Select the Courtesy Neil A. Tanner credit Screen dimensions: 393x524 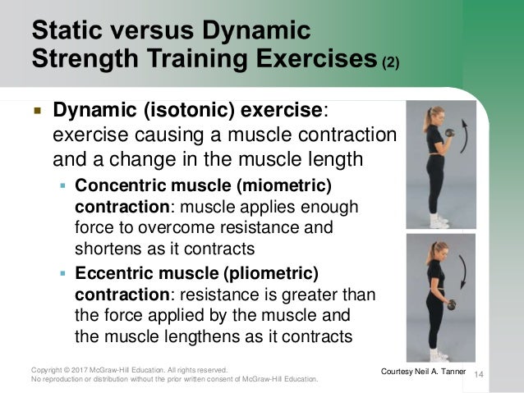coord(425,373)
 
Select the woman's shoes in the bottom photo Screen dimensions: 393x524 coord(440,356)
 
